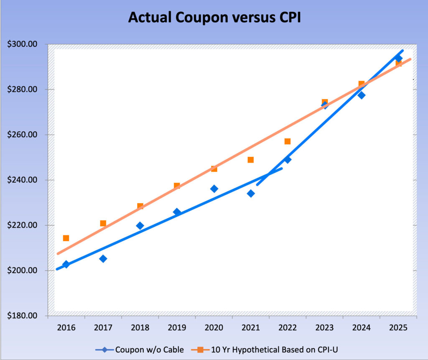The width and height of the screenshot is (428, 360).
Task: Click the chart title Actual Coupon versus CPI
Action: [x=214, y=18]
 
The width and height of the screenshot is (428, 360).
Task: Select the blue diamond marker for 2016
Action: [x=66, y=264]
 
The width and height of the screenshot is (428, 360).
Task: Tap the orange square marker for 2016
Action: [x=66, y=238]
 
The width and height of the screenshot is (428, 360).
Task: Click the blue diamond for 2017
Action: [x=103, y=259]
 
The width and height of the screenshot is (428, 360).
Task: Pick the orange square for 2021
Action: [x=251, y=160]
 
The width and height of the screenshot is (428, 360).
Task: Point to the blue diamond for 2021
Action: [x=251, y=194]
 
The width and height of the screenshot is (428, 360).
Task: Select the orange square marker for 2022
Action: [x=288, y=141]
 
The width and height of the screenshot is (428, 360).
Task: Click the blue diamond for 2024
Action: [x=362, y=95]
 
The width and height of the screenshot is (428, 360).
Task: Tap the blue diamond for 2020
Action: [x=214, y=189]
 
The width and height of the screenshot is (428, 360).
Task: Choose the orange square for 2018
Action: [x=140, y=206]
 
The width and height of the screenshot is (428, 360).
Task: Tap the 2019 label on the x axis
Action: [x=177, y=327]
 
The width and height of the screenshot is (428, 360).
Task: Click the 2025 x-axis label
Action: [x=398, y=327]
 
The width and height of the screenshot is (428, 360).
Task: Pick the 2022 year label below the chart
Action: [x=288, y=327]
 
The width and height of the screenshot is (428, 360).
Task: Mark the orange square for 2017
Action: [x=103, y=223]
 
